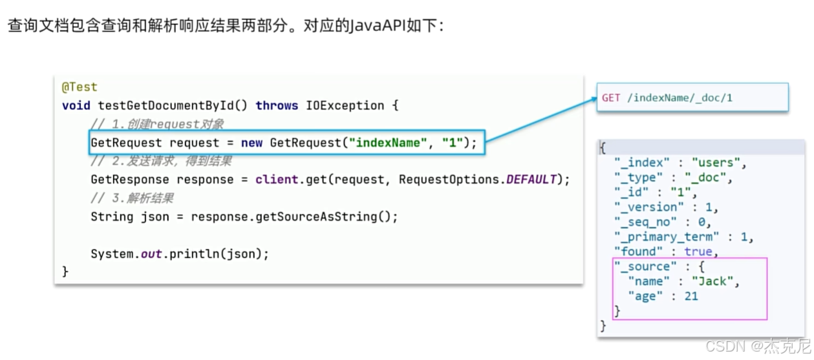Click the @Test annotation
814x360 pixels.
80,87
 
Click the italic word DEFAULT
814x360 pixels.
531,179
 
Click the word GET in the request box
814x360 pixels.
611,98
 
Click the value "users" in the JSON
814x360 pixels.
718,162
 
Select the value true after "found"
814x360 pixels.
698,251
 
